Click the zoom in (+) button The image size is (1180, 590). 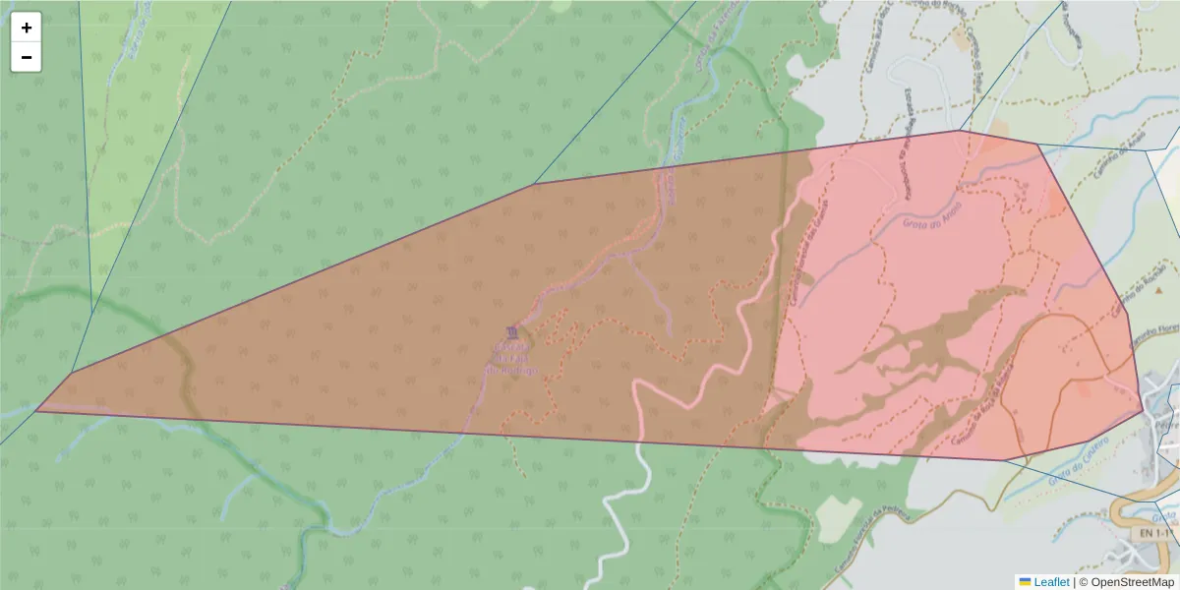coord(27,28)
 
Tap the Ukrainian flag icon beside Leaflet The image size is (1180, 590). coord(1025,582)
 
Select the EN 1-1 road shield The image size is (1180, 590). coord(1155,533)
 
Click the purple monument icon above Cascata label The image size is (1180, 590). coord(510,332)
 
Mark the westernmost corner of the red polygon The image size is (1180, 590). coord(36,409)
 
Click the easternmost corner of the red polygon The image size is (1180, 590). coord(1143,408)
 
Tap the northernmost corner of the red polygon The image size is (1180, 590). coord(960,131)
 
